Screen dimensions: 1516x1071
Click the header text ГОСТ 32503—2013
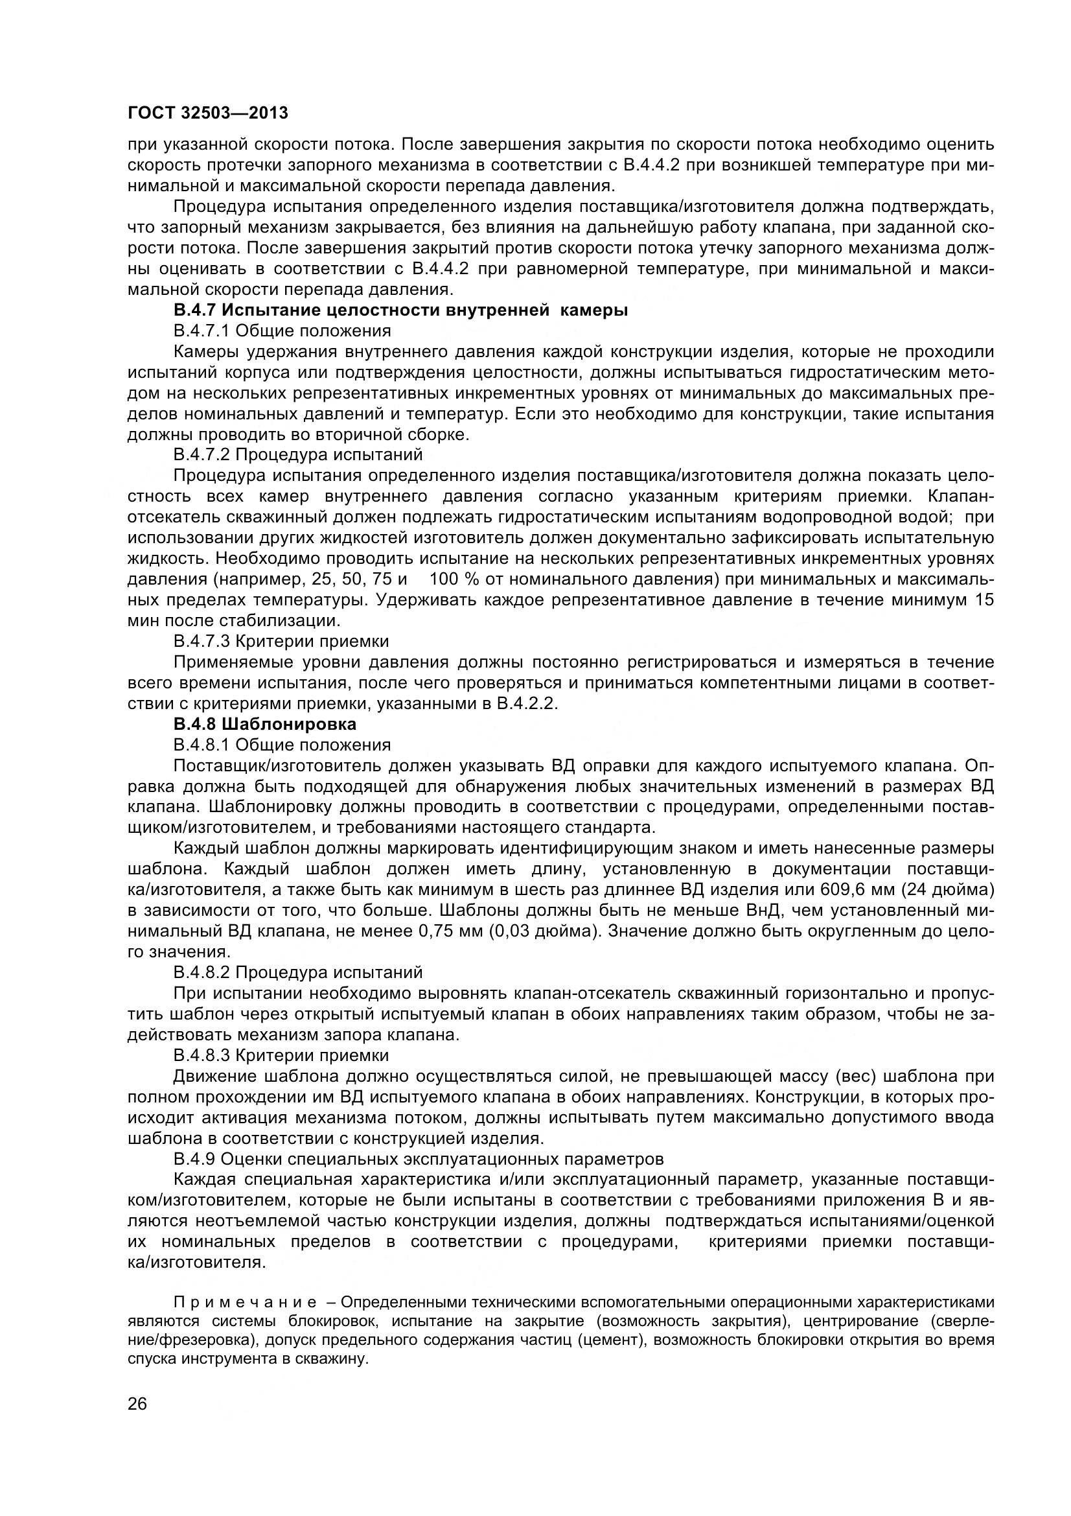pos(208,113)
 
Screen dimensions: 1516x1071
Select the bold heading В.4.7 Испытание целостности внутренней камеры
pos(400,310)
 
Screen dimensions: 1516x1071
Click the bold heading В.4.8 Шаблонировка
pos(264,725)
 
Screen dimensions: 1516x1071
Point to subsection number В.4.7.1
pos(202,331)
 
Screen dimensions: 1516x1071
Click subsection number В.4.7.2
pos(202,455)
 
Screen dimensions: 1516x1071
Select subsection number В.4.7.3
pos(202,641)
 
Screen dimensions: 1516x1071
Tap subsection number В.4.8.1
pos(202,745)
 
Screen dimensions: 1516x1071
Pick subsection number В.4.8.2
pos(202,973)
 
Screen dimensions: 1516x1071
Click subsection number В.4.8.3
pos(202,1055)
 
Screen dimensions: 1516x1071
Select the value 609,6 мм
pos(860,889)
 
